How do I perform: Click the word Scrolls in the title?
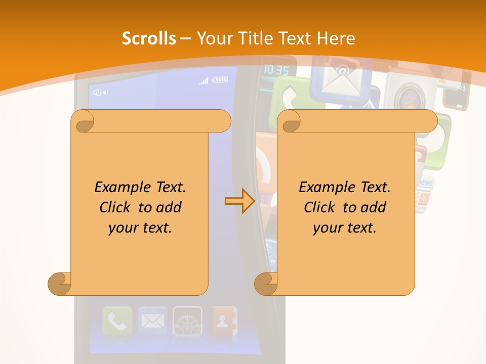coord(149,38)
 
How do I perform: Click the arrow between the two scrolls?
coord(239,201)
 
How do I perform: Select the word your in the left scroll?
coord(123,227)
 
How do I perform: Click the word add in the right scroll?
coord(374,207)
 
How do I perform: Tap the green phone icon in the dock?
coord(117,321)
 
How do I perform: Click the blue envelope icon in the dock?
coord(152,321)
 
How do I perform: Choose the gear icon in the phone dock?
coord(187,321)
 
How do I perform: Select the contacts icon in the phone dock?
coord(223,321)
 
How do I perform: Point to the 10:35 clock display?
coord(276,70)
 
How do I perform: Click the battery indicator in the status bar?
coord(220,79)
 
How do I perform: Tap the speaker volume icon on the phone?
coord(105,93)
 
